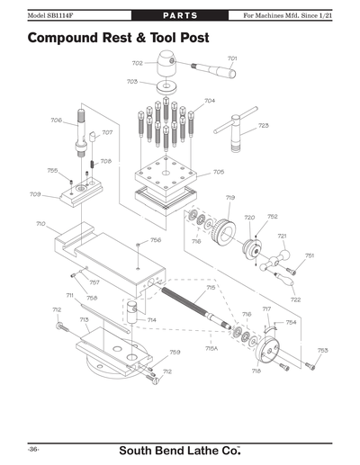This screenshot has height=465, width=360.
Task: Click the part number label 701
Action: click(232, 58)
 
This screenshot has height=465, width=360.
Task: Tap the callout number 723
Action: click(264, 125)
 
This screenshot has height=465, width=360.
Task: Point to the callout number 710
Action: click(40, 223)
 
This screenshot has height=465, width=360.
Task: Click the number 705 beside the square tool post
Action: click(219, 172)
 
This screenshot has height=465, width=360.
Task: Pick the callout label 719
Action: click(230, 197)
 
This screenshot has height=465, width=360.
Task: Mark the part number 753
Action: click(322, 350)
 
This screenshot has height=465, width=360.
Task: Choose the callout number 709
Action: click(34, 193)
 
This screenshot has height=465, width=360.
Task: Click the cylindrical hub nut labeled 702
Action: click(165, 64)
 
